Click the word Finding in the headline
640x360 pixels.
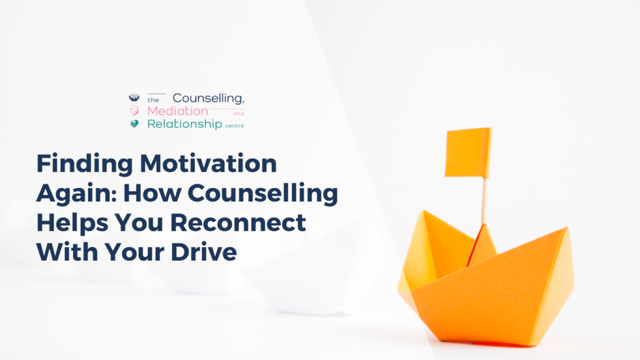(x=84, y=164)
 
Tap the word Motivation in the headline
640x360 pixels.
(x=209, y=163)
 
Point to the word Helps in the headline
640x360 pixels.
(x=72, y=223)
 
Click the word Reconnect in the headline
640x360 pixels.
(x=238, y=222)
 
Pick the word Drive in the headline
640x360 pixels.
(x=204, y=252)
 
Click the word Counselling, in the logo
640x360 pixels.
(x=209, y=98)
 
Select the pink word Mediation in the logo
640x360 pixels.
(x=177, y=111)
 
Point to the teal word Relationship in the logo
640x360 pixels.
(x=184, y=124)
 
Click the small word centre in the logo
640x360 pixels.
(x=235, y=126)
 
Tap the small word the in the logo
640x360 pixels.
(x=154, y=100)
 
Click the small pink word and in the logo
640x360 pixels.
(x=238, y=114)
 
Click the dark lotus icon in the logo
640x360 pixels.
(x=134, y=97)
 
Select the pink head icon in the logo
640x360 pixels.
(x=134, y=110)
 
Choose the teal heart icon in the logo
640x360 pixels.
(x=134, y=123)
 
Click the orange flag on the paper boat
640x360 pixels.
(x=467, y=152)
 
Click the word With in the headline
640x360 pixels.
(x=67, y=252)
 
